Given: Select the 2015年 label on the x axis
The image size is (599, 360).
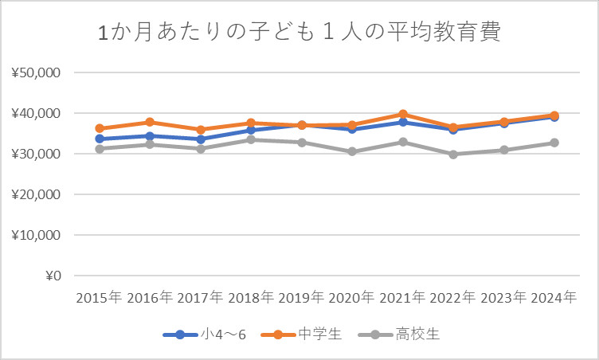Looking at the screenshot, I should [x=100, y=298].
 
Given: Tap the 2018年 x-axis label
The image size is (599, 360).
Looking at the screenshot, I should [x=251, y=298].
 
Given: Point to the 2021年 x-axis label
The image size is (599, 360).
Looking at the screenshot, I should [x=402, y=298].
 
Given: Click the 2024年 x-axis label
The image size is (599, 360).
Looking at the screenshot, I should [x=554, y=298].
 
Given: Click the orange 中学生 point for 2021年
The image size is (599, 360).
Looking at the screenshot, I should [x=403, y=115].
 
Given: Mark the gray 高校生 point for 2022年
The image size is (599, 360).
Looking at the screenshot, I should [x=453, y=155].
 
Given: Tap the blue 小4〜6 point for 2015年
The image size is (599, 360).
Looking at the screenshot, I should [x=100, y=139].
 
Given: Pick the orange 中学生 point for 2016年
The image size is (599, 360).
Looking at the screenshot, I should [x=150, y=122].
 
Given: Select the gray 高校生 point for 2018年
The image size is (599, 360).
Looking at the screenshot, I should [x=251, y=139].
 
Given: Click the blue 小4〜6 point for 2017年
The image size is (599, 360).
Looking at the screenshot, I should [x=201, y=139].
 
